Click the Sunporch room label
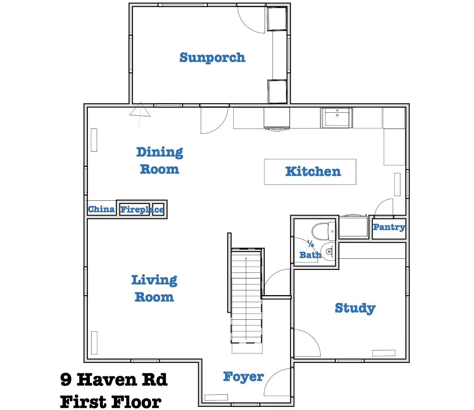point(212,58)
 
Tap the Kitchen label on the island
point(313,171)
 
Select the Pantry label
point(389,227)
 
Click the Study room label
point(355,308)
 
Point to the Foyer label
point(243,376)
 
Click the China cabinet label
point(101,209)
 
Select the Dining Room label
point(160,161)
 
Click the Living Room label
point(154,288)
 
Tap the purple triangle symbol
point(140,110)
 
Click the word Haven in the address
point(106,380)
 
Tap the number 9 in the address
point(66,380)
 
